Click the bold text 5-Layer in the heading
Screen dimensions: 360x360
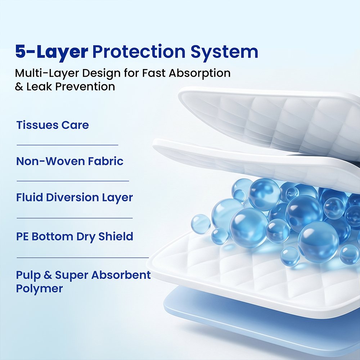click(51, 52)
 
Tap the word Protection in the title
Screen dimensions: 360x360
click(139, 51)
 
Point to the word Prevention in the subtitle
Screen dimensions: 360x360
click(85, 86)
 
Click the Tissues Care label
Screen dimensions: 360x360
click(53, 125)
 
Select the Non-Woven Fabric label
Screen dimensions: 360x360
click(70, 161)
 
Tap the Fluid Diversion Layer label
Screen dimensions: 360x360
click(75, 198)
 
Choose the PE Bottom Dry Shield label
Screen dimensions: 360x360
click(75, 237)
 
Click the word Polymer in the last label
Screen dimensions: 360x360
click(39, 289)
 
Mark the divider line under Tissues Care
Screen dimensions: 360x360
click(68, 145)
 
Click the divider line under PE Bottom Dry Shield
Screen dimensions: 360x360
click(83, 258)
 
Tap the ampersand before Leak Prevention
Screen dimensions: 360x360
click(19, 86)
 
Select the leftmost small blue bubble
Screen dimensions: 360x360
click(201, 224)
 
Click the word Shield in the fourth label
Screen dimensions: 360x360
click(116, 236)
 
